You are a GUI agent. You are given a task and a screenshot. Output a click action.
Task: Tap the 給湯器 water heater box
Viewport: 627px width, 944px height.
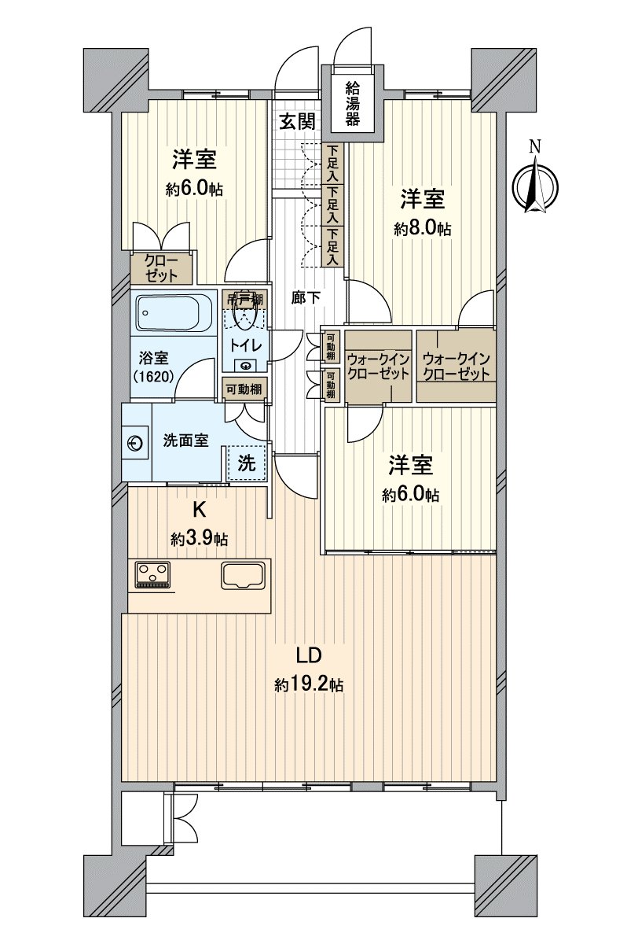pos(353,105)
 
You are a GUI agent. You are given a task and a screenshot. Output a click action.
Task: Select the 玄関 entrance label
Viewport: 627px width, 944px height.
pos(298,121)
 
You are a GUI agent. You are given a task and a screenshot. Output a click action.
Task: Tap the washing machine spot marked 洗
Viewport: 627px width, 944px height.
pos(247,463)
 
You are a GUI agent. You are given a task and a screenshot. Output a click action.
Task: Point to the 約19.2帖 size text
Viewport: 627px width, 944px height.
pos(308,684)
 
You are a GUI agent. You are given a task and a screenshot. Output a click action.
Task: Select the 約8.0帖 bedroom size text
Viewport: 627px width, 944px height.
pos(423,229)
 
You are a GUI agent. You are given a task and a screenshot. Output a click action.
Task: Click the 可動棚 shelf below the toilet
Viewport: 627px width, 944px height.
pos(245,388)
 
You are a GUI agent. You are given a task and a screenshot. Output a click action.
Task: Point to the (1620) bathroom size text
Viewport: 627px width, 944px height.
pos(152,375)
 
